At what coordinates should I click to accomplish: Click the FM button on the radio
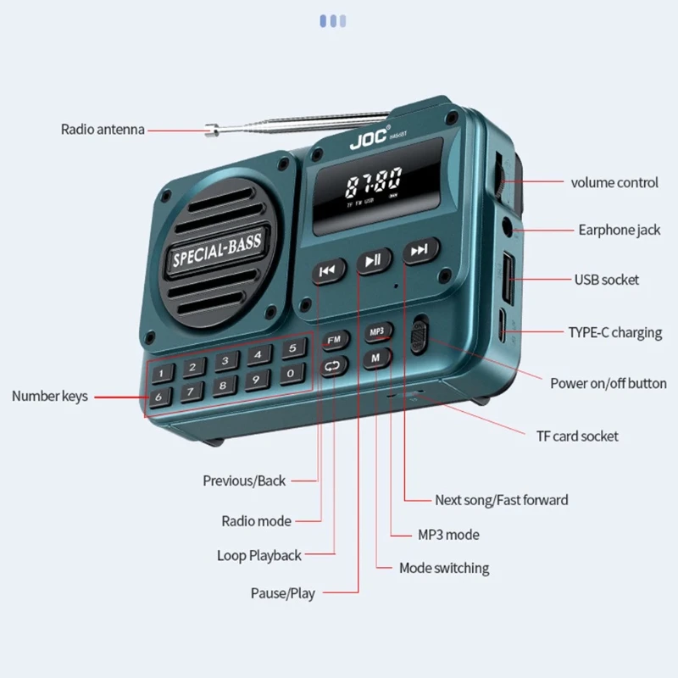[335, 340]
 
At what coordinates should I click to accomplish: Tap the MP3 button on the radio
[377, 331]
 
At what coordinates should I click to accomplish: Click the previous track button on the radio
[327, 270]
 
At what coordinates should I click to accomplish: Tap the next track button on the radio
[418, 250]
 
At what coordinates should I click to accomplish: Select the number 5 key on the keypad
[291, 348]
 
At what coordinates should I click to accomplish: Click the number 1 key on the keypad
[161, 373]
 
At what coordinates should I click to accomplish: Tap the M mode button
[375, 358]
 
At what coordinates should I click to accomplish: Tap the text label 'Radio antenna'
[103, 130]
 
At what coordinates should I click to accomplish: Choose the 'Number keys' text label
[50, 396]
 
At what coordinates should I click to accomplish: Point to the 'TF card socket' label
[576, 436]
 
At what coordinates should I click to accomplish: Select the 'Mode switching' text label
[444, 568]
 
